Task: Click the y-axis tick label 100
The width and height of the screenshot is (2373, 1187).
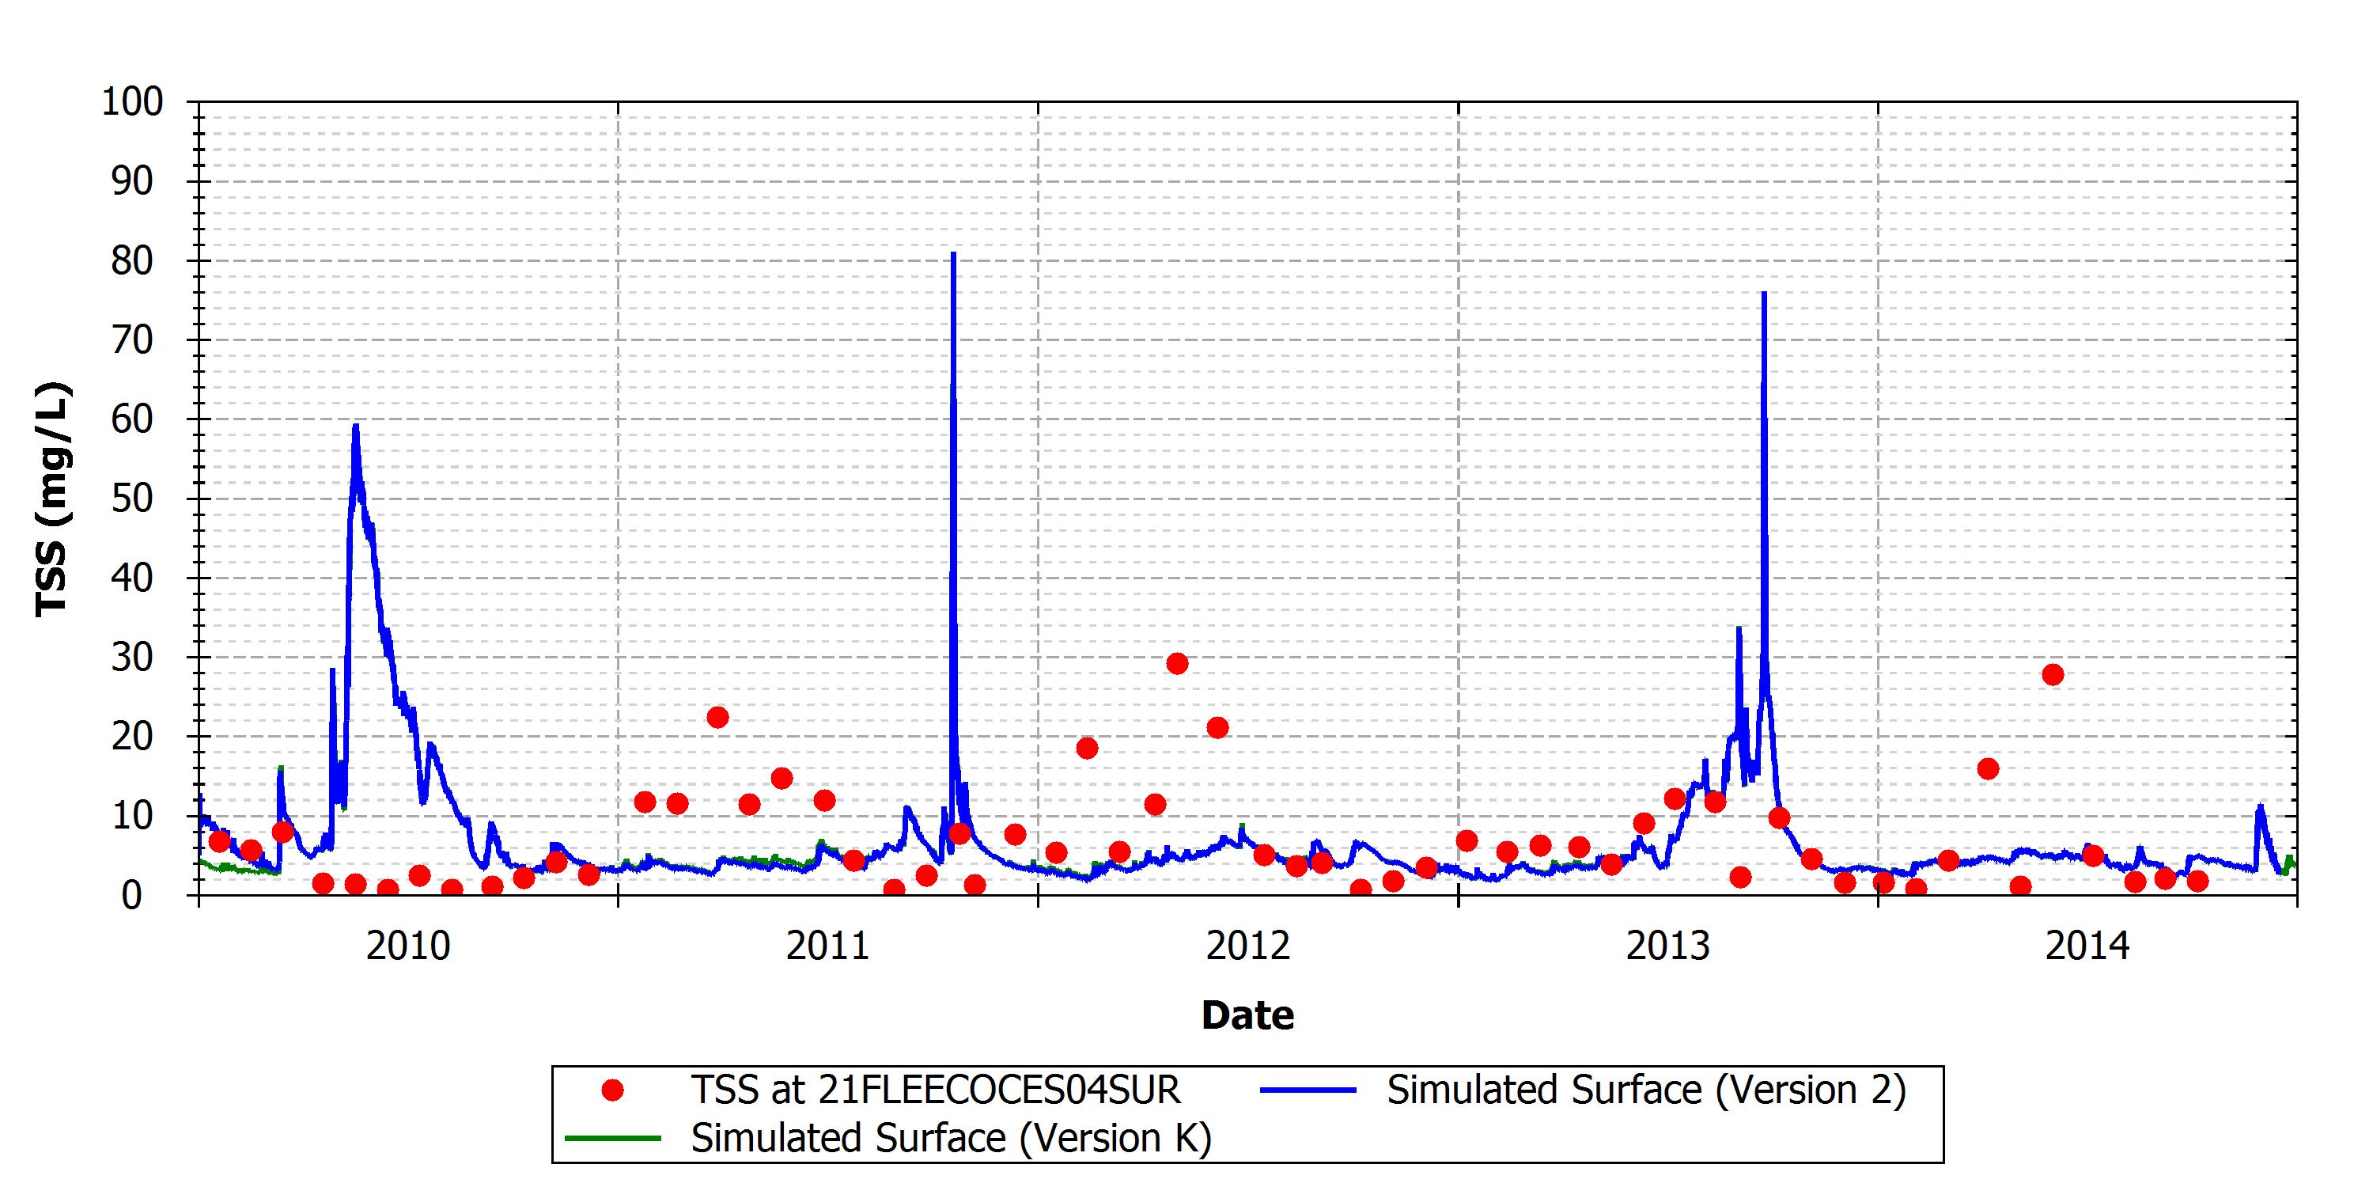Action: click(132, 101)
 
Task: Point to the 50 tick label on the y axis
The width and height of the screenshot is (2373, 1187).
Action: click(132, 499)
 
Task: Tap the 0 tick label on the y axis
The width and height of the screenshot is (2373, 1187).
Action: click(132, 895)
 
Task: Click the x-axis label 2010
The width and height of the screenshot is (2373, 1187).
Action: click(408, 946)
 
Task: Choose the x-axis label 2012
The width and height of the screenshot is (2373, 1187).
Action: click(1248, 946)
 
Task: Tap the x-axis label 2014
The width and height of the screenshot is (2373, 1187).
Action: click(2087, 946)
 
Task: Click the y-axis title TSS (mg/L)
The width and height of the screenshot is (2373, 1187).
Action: click(52, 499)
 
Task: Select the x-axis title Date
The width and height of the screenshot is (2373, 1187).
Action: click(1247, 1014)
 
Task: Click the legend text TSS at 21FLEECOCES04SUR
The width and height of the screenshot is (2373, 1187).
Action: click(936, 1090)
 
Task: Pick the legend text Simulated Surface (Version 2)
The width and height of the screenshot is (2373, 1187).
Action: click(1646, 1090)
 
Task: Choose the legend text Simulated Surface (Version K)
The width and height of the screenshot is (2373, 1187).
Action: click(952, 1138)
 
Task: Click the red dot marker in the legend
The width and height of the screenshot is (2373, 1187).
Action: click(612, 1090)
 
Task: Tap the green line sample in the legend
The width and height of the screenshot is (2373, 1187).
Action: click(612, 1138)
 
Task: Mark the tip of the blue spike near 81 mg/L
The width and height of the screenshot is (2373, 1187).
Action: click(953, 252)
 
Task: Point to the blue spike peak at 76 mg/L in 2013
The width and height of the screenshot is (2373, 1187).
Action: click(1763, 292)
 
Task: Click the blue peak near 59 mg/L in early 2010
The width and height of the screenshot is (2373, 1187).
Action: click(356, 425)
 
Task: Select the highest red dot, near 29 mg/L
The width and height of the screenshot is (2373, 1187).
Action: click(1177, 664)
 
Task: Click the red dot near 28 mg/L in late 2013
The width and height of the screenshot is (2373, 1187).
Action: click(2053, 674)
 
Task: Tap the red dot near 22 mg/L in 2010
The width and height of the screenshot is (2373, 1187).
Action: click(717, 717)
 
